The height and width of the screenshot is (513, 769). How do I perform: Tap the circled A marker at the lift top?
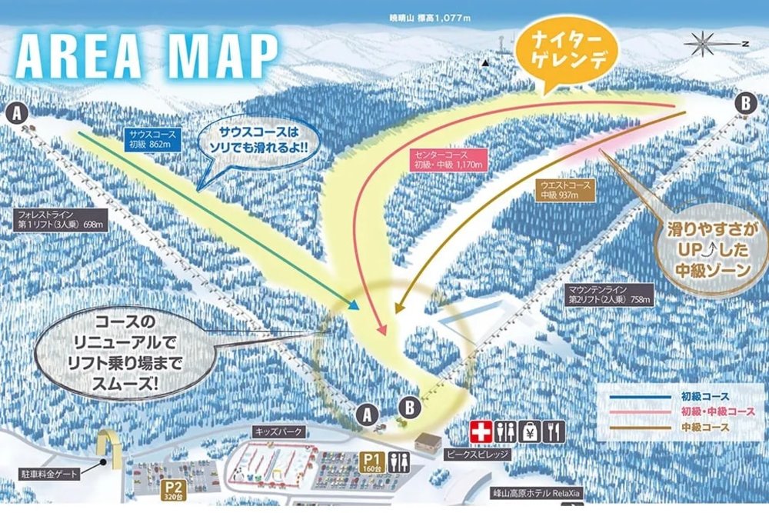coord(19,114)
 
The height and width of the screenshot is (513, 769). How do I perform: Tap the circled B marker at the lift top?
coord(744,102)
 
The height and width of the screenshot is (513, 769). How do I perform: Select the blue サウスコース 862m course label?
coord(153,139)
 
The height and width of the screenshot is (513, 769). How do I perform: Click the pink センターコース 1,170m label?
coord(447,159)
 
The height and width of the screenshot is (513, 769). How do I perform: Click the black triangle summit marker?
coord(486,63)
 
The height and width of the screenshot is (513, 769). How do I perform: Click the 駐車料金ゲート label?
coord(47,475)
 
